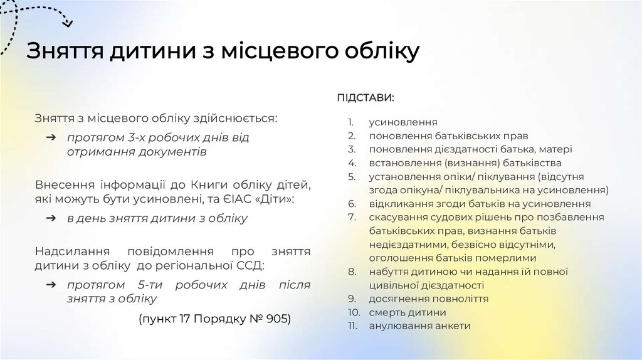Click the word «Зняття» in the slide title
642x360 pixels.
click(66, 51)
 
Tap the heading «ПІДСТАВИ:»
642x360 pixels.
click(366, 98)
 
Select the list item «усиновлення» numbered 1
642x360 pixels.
click(403, 122)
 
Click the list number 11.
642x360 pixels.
click(354, 326)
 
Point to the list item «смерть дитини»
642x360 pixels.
click(408, 312)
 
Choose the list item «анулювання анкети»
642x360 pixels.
click(419, 326)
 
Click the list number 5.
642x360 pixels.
click(352, 176)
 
